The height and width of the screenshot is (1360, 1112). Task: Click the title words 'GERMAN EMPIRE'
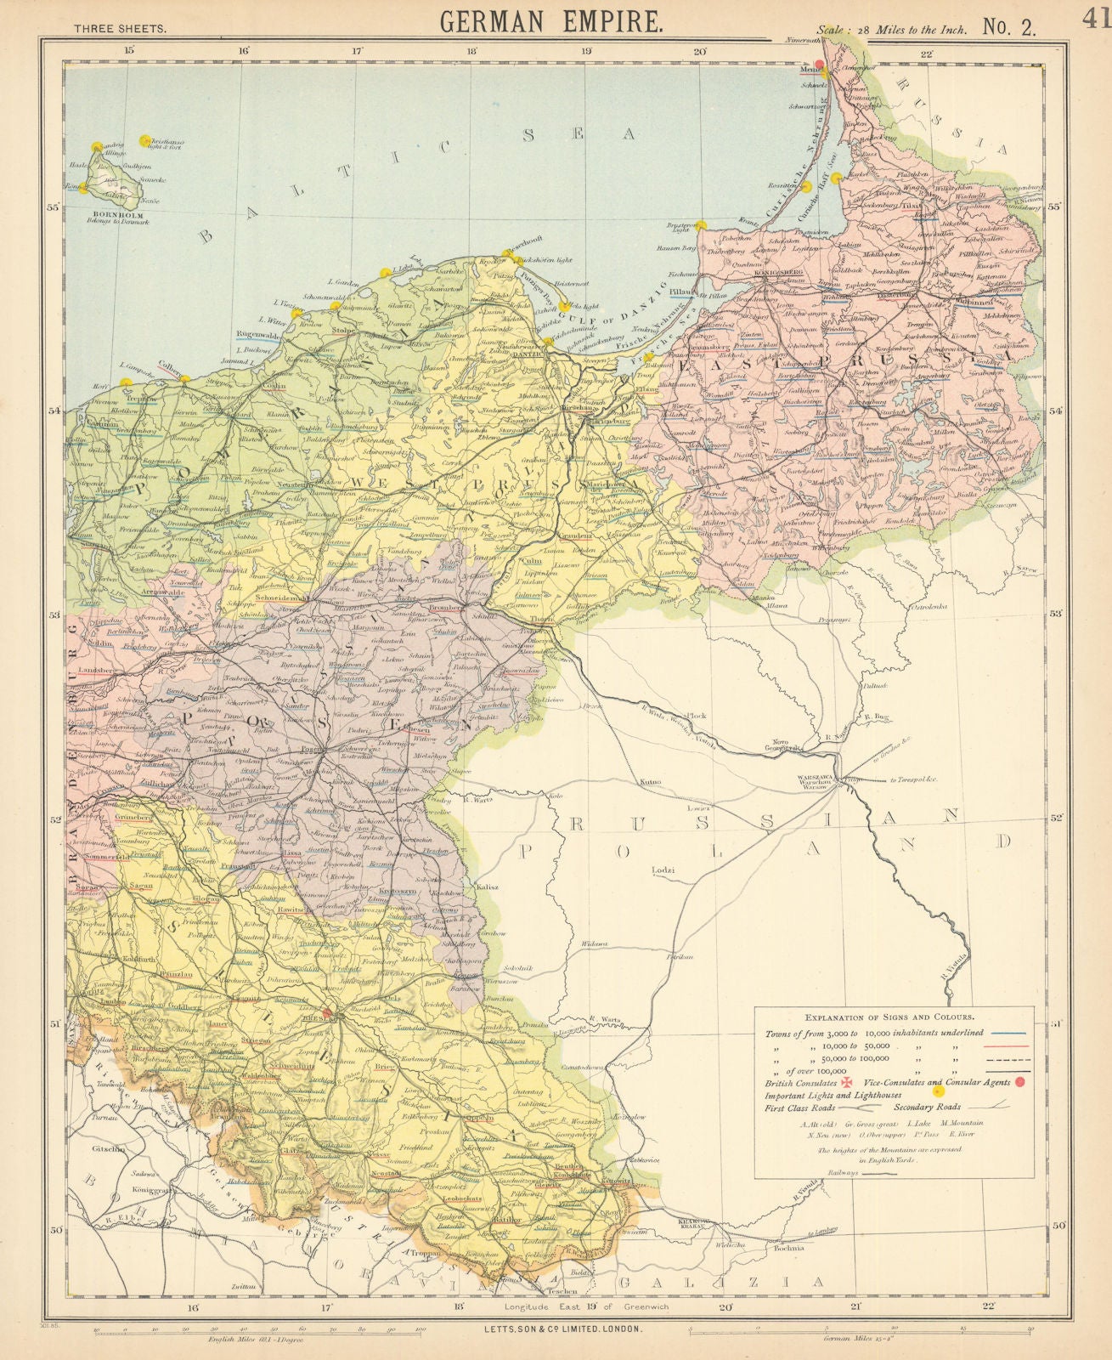(x=551, y=20)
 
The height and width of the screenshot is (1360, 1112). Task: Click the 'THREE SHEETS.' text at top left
(x=120, y=27)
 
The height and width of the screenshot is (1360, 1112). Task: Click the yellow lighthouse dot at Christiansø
(x=144, y=139)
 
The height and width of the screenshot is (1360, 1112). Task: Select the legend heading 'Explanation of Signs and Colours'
(x=894, y=1015)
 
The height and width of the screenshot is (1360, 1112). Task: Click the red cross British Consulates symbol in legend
(x=846, y=1082)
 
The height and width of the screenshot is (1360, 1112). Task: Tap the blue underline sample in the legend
(x=1008, y=1033)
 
